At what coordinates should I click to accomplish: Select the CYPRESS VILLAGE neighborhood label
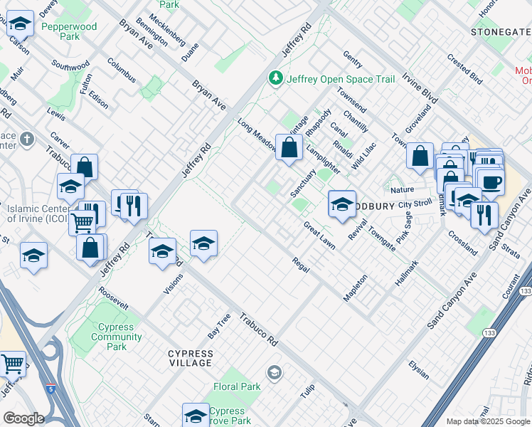[x=190, y=358]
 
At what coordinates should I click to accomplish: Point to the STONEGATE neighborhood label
[x=501, y=32]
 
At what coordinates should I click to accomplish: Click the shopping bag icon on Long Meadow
[x=289, y=149]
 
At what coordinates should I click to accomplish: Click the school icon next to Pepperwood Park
[x=21, y=26]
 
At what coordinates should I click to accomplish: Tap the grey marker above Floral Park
[x=275, y=372]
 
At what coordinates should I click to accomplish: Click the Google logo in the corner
[x=23, y=418]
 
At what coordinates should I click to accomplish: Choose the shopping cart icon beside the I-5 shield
[x=13, y=364]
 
